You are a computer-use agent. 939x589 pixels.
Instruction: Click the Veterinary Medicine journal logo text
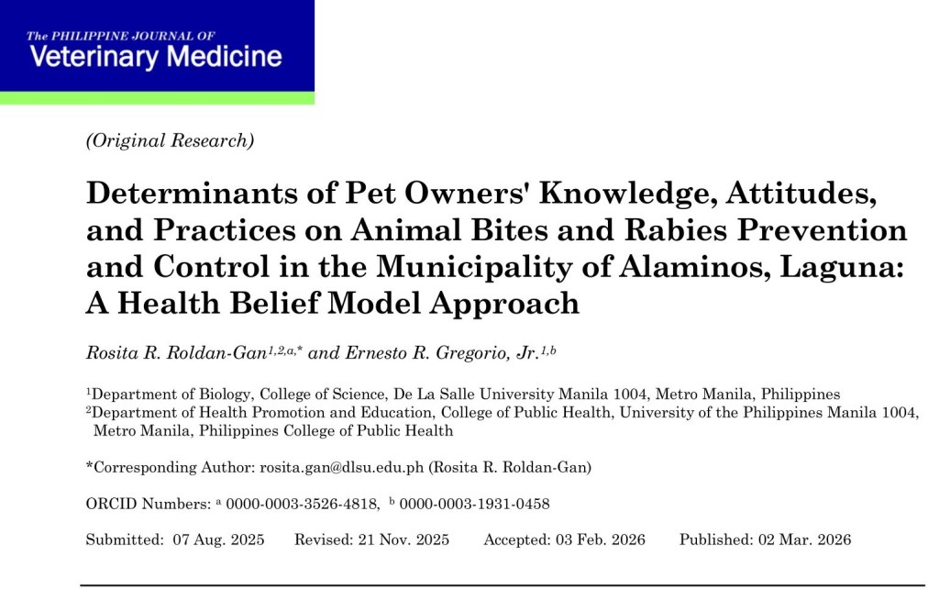[x=155, y=57]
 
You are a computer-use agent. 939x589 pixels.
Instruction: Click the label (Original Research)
[x=170, y=140]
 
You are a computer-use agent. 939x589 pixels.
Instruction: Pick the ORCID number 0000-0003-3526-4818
[x=303, y=504]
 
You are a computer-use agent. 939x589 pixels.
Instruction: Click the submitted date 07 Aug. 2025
[x=218, y=539]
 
